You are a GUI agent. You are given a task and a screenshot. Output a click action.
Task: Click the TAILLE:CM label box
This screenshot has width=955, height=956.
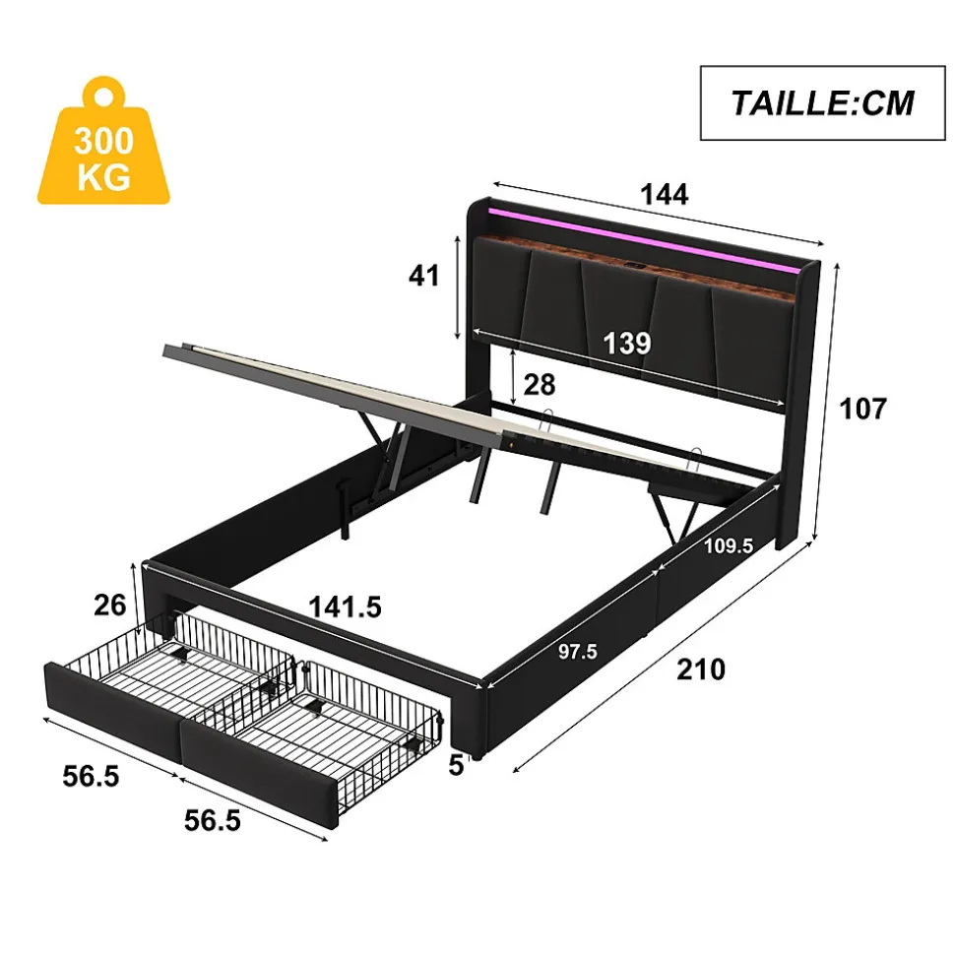pos(821,102)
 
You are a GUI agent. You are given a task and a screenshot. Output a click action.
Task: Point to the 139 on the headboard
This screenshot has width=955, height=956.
pos(627,343)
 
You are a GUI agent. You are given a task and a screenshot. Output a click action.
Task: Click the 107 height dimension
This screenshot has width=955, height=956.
pos(864,408)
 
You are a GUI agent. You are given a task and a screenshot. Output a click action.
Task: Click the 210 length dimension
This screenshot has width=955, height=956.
pos(701,669)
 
